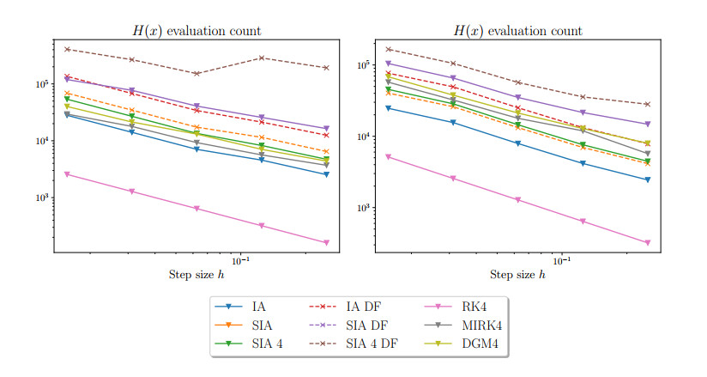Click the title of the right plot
click(517, 32)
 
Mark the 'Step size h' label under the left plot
click(196, 275)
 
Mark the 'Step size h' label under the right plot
click(517, 275)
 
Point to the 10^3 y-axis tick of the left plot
click(41, 198)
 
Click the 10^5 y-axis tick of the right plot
click(362, 65)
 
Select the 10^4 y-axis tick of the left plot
click(41, 141)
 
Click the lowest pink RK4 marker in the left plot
click(326, 243)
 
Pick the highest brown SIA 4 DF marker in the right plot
click(388, 49)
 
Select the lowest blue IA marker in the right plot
click(648, 179)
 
